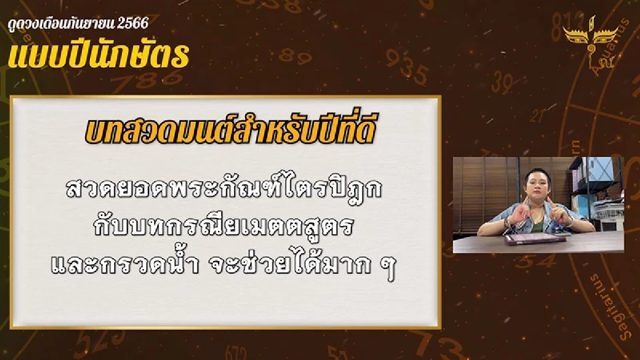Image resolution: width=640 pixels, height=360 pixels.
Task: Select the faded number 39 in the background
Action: [501, 83]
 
